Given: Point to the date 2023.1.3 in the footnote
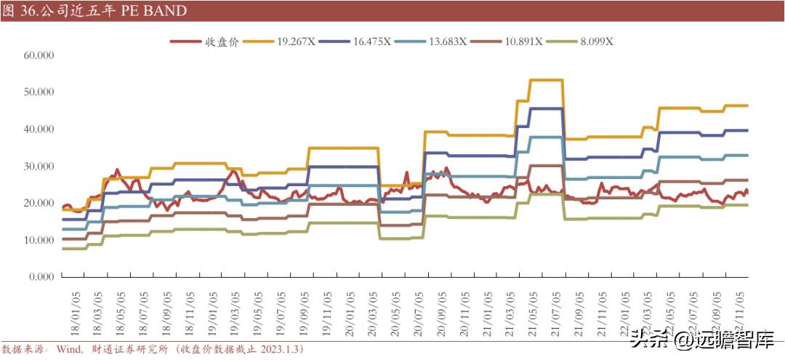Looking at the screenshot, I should [276, 350].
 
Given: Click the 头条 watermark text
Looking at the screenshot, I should [643, 337].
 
